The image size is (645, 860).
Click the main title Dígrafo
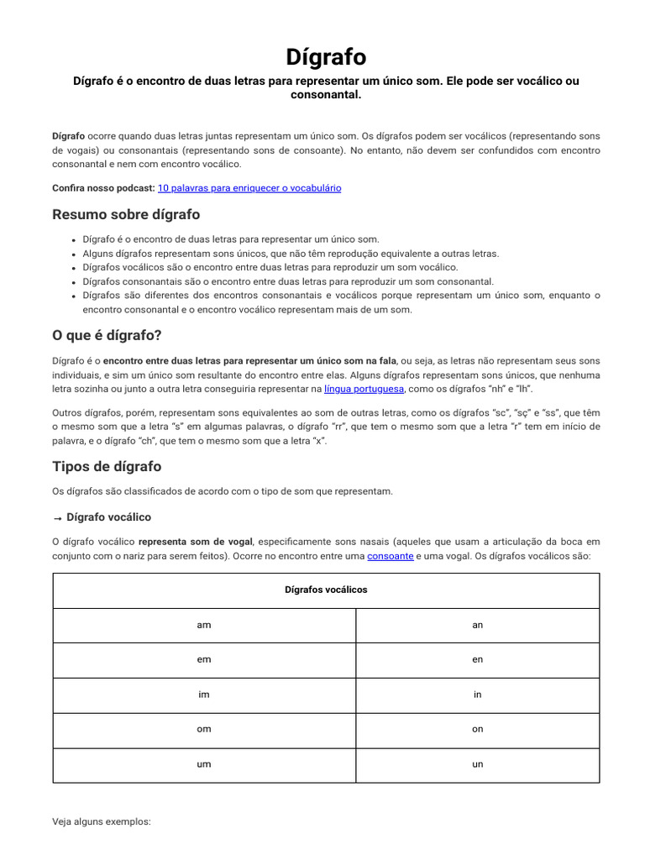point(326,57)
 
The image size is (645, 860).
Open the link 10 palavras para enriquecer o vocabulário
point(249,188)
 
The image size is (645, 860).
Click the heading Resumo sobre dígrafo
point(126,214)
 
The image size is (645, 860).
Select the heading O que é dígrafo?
point(107,335)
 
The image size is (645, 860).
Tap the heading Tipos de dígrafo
point(107,466)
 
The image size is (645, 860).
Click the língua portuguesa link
point(364,389)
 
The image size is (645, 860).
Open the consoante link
point(391,556)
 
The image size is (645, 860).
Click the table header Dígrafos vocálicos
point(326,590)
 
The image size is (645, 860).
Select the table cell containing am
point(204,625)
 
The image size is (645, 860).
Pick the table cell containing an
point(478,625)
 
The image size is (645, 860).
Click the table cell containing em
point(204,660)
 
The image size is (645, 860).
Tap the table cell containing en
point(478,660)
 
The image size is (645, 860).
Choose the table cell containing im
point(204,695)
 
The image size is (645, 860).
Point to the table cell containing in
point(478,695)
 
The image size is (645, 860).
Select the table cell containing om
point(204,729)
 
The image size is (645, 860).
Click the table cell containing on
point(478,729)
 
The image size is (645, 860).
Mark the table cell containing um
point(204,764)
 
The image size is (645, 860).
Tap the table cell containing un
point(478,764)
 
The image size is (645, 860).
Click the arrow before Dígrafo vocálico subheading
point(57,517)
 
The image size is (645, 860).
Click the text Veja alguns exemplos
point(102,821)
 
